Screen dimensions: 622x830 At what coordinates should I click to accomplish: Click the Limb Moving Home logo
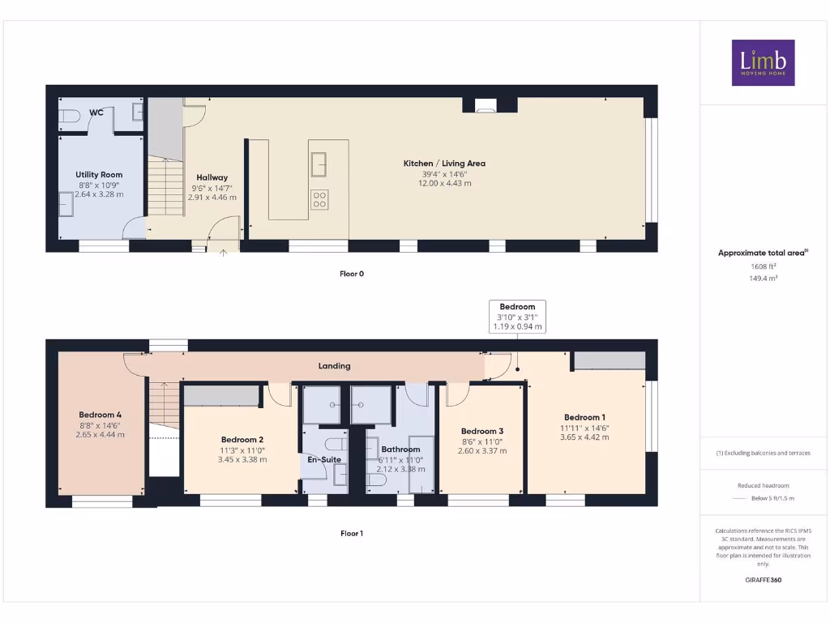pyautogui.click(x=763, y=62)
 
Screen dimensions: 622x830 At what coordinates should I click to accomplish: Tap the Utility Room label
pyautogui.click(x=99, y=175)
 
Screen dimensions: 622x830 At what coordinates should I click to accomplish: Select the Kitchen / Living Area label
pyautogui.click(x=444, y=164)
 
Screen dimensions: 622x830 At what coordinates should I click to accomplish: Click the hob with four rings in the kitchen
pyautogui.click(x=319, y=198)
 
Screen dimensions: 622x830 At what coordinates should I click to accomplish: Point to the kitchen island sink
pyautogui.click(x=319, y=163)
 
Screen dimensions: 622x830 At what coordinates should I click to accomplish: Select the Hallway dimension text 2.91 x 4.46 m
pyautogui.click(x=212, y=197)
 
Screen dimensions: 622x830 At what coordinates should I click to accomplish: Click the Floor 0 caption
pyautogui.click(x=352, y=274)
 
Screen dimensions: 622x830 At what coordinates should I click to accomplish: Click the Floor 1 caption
pyautogui.click(x=352, y=534)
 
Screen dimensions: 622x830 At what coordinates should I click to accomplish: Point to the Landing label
pyautogui.click(x=334, y=366)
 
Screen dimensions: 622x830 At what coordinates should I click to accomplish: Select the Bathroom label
pyautogui.click(x=400, y=449)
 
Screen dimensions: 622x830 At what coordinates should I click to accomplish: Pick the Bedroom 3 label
pyautogui.click(x=482, y=432)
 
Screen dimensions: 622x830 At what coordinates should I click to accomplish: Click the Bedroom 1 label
pyautogui.click(x=585, y=418)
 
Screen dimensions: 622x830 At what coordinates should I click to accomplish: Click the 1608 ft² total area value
pyautogui.click(x=763, y=266)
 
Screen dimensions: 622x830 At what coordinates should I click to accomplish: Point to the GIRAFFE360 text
pyautogui.click(x=763, y=580)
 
